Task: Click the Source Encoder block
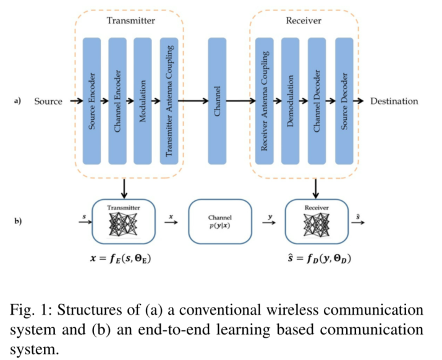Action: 91,100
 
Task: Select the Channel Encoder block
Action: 117,100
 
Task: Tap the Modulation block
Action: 143,100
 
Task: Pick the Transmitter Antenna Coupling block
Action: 168,100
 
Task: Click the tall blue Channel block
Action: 217,100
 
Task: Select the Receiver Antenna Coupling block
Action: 265,100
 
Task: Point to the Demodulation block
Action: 291,100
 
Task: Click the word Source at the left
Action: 48,101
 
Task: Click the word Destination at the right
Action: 394,101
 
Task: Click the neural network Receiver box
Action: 316,221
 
